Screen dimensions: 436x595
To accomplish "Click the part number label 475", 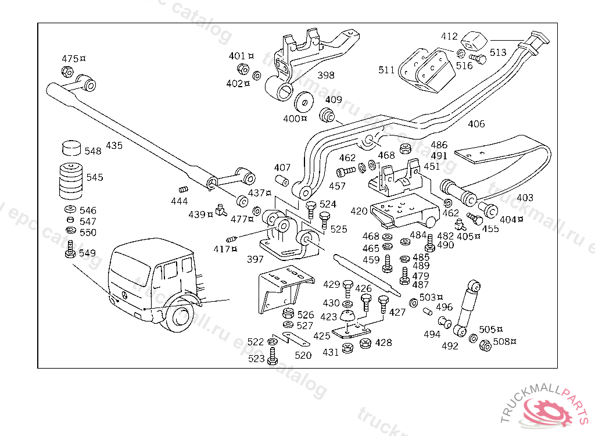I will coord(70,59).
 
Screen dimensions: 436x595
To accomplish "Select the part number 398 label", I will coord(326,75).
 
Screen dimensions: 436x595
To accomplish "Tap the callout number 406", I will coord(476,124).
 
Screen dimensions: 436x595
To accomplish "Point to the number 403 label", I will coord(525,198).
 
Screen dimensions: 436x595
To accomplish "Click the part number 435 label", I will coord(114,145).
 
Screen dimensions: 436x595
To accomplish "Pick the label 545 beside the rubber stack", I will coord(95,177).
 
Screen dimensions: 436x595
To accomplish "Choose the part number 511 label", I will coord(386,70).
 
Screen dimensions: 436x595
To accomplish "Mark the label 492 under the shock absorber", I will coord(450,346).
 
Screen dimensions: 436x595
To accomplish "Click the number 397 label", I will coord(255,258).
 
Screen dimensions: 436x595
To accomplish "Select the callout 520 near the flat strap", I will coord(303,355).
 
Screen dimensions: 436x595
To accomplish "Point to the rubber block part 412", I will coord(474,42).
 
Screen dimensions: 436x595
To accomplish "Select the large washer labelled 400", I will coord(303,102).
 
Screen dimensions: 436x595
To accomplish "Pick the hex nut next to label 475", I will coord(67,73).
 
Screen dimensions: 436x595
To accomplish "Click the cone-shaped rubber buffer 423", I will coord(347,317).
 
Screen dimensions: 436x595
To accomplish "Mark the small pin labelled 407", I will coord(282,180).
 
